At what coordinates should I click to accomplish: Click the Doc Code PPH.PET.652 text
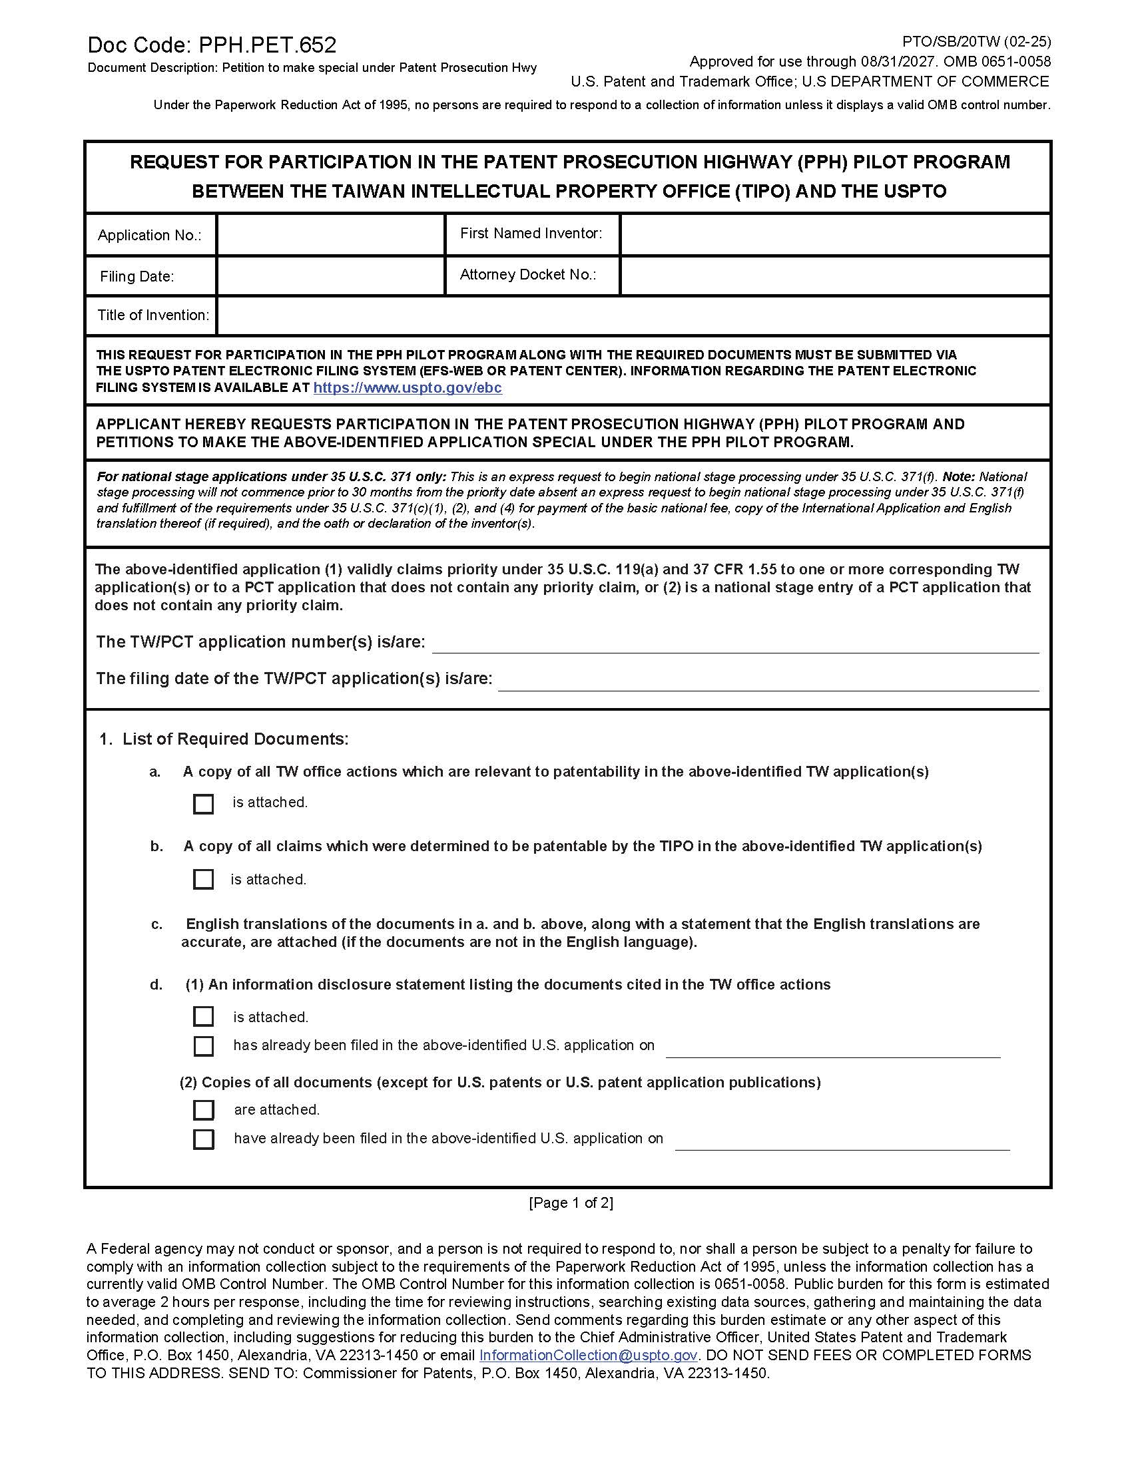[212, 45]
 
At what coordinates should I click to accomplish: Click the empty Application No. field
[331, 235]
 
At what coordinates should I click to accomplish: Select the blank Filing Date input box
[331, 275]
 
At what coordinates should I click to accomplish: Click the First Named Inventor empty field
[834, 235]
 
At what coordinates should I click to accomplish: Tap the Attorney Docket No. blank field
[834, 275]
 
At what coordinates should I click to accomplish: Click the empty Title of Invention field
[633, 315]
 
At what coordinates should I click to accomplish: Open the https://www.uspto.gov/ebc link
[408, 388]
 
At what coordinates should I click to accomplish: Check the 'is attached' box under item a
[203, 804]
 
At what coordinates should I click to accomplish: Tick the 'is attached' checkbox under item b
[203, 880]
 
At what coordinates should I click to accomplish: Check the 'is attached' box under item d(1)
[203, 1017]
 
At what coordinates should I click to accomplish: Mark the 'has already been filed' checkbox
[203, 1045]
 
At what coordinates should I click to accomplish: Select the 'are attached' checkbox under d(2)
[203, 1110]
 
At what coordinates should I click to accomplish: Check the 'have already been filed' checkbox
[203, 1139]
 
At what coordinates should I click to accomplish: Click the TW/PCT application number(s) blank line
[735, 643]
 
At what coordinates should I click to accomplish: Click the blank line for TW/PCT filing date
[768, 680]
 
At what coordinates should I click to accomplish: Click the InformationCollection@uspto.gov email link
[588, 1356]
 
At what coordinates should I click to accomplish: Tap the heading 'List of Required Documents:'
[235, 739]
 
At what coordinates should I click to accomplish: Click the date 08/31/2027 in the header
[898, 62]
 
